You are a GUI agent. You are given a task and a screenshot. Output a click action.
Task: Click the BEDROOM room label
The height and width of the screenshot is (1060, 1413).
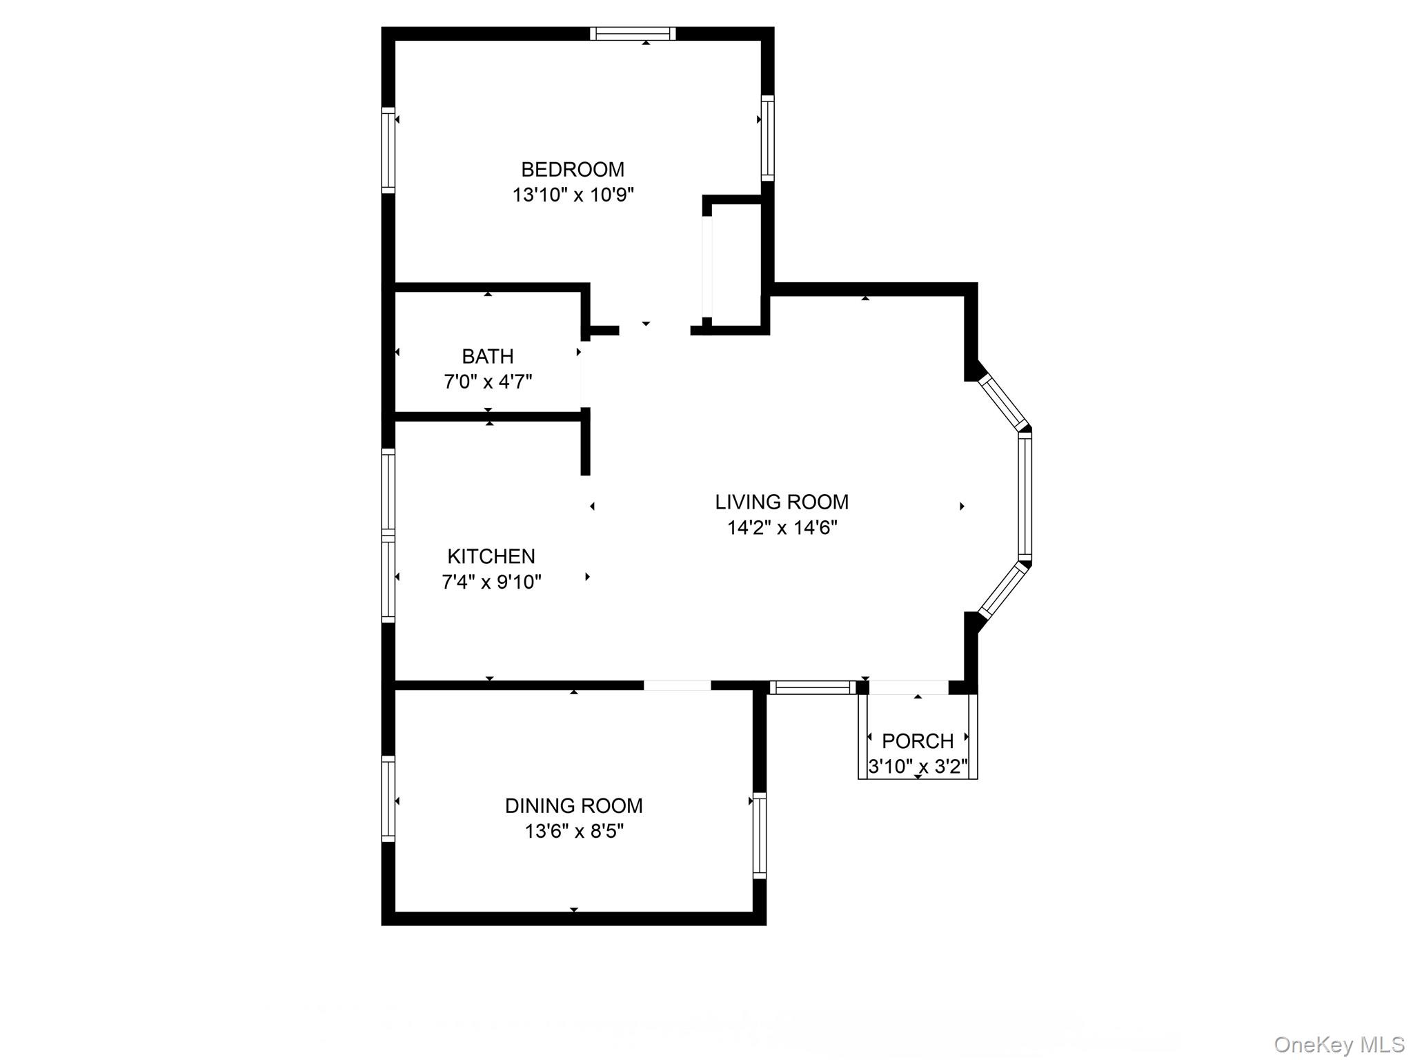tap(572, 169)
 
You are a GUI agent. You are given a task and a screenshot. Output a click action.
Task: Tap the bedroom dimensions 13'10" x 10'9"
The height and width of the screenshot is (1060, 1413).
tap(572, 195)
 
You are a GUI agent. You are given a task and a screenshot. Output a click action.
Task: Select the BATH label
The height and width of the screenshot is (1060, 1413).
tap(487, 356)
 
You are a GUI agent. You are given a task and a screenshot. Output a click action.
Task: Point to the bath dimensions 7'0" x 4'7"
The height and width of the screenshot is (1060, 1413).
tap(487, 381)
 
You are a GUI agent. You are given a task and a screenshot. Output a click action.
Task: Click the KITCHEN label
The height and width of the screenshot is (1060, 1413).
tap(491, 556)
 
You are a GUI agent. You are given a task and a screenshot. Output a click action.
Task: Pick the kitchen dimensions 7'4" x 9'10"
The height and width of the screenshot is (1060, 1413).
tap(491, 582)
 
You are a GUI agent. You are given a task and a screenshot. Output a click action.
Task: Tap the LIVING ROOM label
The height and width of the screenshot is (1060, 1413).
tap(781, 502)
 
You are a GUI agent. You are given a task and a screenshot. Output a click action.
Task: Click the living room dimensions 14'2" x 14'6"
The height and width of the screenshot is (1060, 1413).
tap(782, 528)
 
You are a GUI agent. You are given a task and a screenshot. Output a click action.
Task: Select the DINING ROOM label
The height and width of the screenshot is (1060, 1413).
tap(573, 805)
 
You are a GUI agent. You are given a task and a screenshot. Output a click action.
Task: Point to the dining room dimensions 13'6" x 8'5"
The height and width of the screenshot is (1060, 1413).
tap(573, 831)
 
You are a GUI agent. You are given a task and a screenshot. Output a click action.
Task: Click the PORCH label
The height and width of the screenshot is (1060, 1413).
tap(917, 741)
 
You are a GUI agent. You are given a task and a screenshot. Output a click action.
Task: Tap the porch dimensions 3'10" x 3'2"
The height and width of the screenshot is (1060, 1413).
tap(918, 766)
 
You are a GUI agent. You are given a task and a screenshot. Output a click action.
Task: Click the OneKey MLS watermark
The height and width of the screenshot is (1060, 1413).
tap(1338, 1044)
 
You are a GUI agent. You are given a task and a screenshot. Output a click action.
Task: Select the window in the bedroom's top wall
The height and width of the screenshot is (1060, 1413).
tap(633, 34)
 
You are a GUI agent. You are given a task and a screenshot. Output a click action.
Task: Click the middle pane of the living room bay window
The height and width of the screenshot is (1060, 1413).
tap(1025, 497)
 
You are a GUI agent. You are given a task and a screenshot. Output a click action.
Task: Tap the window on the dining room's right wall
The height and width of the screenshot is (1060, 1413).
tap(759, 835)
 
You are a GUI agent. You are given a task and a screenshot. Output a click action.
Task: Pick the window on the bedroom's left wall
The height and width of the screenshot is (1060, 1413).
tap(388, 150)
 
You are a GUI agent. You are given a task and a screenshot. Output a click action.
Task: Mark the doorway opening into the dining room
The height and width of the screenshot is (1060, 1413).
tap(677, 685)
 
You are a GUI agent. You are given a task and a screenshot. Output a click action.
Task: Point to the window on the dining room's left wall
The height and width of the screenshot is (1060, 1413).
tap(388, 798)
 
